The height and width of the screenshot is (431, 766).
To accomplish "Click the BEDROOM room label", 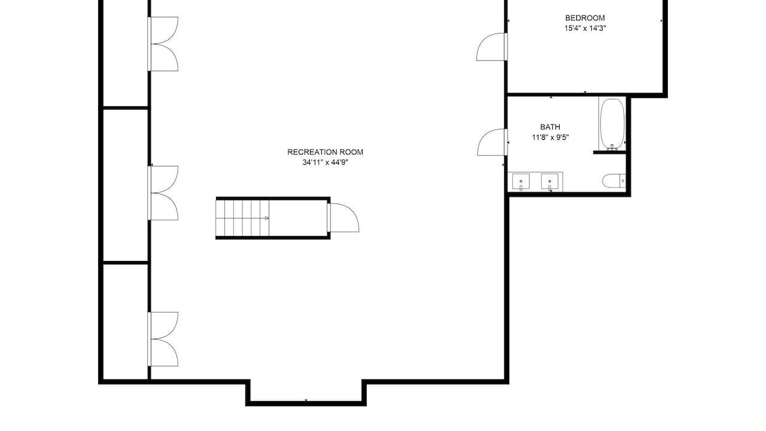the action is pos(585,18).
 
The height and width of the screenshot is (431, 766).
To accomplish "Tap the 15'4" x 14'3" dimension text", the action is pos(585,28).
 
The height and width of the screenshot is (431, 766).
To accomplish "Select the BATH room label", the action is pos(550,127).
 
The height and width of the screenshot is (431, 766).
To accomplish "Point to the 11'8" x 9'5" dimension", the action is pos(550,138).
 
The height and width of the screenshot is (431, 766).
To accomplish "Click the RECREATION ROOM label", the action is pos(325,152).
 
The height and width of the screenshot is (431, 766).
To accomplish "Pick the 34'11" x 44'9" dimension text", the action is pos(325,162).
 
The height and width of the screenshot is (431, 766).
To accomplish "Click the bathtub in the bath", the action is pos(612,124).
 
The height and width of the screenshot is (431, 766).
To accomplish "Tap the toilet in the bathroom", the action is pos(614,181).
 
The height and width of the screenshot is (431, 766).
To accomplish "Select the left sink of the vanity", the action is pos(521,181).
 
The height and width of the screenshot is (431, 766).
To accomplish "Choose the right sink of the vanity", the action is pos(549,181).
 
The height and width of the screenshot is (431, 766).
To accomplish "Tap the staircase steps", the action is pos(242,218).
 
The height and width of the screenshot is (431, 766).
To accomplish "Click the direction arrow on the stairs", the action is pos(267,218).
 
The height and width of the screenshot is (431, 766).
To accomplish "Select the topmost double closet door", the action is pos(163,44).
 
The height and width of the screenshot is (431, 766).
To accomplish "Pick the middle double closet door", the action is pos(163,193).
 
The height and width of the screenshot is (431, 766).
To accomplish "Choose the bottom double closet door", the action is pos(163,339).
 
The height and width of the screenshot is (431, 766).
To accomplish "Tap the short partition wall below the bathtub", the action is pos(610,153).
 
